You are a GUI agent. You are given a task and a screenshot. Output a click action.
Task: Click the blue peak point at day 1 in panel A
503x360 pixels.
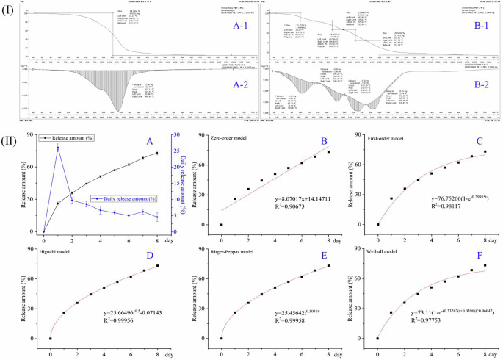coord(58,148)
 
